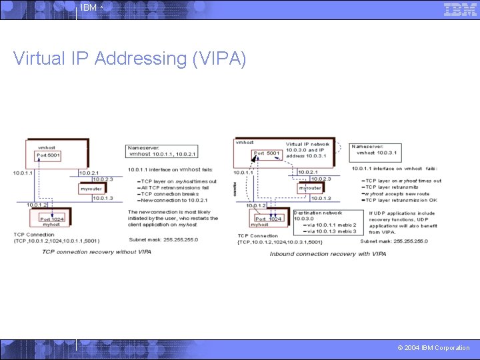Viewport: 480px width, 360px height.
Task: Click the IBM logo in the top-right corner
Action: click(460, 9)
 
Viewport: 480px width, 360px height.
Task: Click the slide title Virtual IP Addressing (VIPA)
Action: click(129, 59)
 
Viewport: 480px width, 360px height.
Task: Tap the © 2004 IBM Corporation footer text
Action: click(433, 347)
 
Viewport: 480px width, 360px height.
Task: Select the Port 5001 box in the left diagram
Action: click(49, 156)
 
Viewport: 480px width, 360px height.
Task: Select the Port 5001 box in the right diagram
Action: click(267, 153)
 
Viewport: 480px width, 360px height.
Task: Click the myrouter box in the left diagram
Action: click(92, 189)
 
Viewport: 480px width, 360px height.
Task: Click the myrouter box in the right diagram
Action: click(310, 188)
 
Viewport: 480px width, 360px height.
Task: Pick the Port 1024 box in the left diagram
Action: click(52, 219)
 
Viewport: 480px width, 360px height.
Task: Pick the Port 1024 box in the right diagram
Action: click(269, 219)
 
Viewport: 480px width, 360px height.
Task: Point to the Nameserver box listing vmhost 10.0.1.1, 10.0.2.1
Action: click(162, 151)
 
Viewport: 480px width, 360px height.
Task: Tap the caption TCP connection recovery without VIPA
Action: click(97, 252)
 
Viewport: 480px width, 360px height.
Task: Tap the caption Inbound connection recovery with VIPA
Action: click(328, 254)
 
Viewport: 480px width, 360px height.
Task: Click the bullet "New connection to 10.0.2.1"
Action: click(175, 200)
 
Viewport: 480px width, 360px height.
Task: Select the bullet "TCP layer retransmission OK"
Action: click(401, 200)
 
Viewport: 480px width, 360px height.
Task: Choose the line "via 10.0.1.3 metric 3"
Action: click(327, 231)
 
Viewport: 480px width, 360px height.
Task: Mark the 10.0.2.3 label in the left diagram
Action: click(103, 179)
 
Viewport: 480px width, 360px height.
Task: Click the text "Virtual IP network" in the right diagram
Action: click(308, 143)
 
